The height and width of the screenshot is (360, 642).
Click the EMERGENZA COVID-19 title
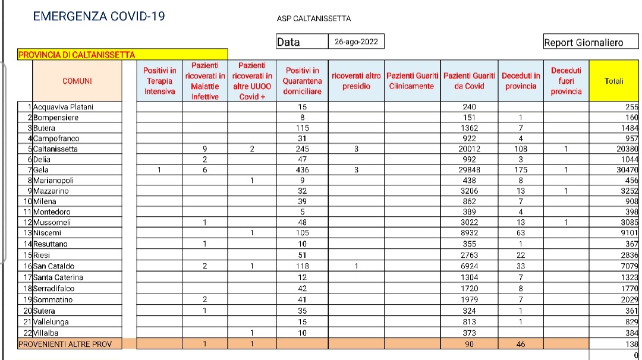pos(99,16)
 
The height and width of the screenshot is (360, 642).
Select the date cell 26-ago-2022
pos(355,42)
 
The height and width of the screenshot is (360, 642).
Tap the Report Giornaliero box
pos(583,42)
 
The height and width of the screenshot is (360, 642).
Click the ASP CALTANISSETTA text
pos(314,18)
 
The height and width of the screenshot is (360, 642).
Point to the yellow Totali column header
pos(614,81)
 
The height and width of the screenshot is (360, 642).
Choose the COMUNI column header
pos(77,81)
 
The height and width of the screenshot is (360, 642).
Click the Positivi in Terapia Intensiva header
pos(160,81)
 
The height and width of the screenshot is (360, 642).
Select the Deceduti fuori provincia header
pos(566,81)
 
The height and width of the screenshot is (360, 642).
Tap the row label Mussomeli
pos(53,223)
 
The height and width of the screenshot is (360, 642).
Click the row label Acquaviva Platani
pos(64,107)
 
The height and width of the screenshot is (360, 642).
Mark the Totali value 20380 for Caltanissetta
pos(628,149)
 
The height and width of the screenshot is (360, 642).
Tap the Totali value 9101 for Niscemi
pos(630,233)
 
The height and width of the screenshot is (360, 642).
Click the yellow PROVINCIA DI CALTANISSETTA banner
pos(122,55)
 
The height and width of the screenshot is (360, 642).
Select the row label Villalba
pos(46,333)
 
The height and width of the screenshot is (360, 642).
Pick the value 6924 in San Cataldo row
pos(469,266)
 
